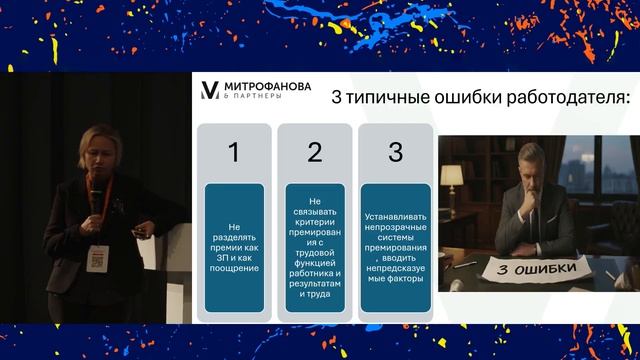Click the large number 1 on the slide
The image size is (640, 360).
[234, 152]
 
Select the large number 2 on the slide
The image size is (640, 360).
[314, 152]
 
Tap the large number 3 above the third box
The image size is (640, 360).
[395, 152]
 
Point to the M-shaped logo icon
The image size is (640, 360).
[210, 91]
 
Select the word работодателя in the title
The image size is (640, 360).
[578, 98]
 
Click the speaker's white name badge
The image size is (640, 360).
[97, 255]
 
